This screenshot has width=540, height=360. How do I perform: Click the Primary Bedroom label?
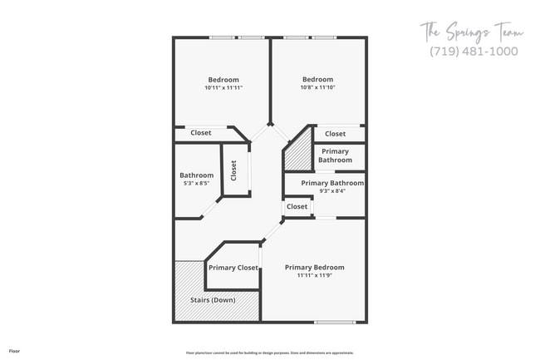pos(314,268)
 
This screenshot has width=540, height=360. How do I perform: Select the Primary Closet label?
pos(233,268)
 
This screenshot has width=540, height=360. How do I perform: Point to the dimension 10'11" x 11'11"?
pos(223,87)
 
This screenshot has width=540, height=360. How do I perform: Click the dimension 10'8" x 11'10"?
pos(317,87)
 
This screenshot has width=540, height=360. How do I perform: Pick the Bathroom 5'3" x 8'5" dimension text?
pos(196,184)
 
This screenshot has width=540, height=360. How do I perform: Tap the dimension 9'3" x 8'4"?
pos(331,191)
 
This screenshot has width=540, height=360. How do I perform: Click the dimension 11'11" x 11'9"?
pos(314,276)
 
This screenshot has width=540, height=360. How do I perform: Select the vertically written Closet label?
pos(234,170)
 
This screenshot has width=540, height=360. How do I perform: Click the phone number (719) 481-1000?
pos(474,51)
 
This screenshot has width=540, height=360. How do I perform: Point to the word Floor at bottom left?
pos(15,352)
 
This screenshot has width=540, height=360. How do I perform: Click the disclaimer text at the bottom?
pos(269,353)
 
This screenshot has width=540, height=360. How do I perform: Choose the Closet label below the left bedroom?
pos(200,133)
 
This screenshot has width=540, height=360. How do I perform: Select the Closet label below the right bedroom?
pos(336,134)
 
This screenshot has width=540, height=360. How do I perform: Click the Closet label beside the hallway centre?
pos(297,206)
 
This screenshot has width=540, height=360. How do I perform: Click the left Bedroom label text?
pos(223,80)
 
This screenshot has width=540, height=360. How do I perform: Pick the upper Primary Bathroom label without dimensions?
pos(335,155)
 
